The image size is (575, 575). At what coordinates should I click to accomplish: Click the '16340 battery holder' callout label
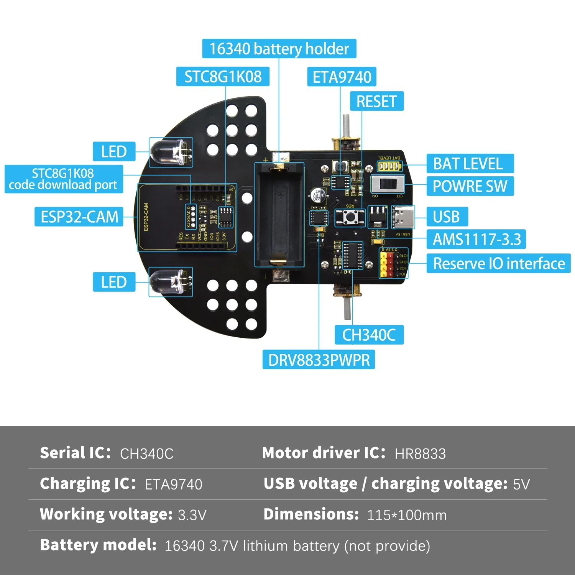pos(279,49)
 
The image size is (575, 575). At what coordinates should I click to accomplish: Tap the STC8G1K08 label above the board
pos(223,77)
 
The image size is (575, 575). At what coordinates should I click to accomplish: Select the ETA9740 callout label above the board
pos(342,77)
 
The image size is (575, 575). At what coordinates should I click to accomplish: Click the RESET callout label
pos(377,102)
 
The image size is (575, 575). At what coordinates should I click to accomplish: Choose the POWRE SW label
pos(470,186)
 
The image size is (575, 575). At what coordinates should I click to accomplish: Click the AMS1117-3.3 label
pos(476,240)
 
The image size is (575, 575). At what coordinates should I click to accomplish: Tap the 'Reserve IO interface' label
pos(498,264)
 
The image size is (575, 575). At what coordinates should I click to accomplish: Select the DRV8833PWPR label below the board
pos(319,360)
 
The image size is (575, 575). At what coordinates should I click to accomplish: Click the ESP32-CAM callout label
pos(79,217)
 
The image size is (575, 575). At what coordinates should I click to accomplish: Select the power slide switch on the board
pos(388,184)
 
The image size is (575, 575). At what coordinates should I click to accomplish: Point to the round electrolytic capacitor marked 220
pos(318,195)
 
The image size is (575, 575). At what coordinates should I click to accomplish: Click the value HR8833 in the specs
pos(420,454)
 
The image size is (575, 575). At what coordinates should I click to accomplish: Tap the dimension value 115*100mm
pos(407,515)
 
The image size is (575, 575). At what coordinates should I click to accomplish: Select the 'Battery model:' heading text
pos(98,545)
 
